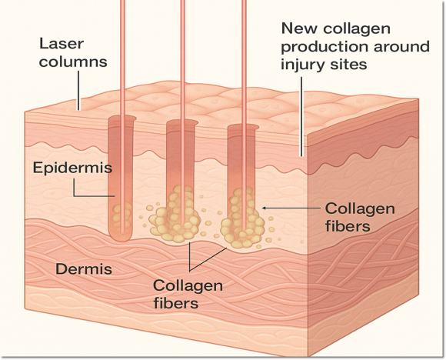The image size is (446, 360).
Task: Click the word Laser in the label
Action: pyautogui.click(x=62, y=44)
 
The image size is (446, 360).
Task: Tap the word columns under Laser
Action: pyautogui.click(x=73, y=62)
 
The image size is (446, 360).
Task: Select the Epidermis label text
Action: pyautogui.click(x=72, y=168)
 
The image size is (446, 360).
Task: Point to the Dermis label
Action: pyautogui.click(x=84, y=269)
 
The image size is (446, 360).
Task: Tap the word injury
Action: pyautogui.click(x=301, y=65)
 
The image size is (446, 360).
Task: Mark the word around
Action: pyautogui.click(x=401, y=47)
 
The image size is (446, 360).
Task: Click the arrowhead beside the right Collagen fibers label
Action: pyautogui.click(x=264, y=208)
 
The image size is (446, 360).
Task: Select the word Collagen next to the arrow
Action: pyautogui.click(x=360, y=209)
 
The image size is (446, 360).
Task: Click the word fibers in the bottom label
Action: pyautogui.click(x=176, y=303)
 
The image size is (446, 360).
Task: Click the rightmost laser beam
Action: pyautogui.click(x=244, y=115)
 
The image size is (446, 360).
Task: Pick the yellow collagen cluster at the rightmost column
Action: pyautogui.click(x=242, y=218)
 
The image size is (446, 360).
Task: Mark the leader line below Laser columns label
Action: pyautogui.click(x=78, y=90)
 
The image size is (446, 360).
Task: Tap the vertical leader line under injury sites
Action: pyautogui.click(x=301, y=116)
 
